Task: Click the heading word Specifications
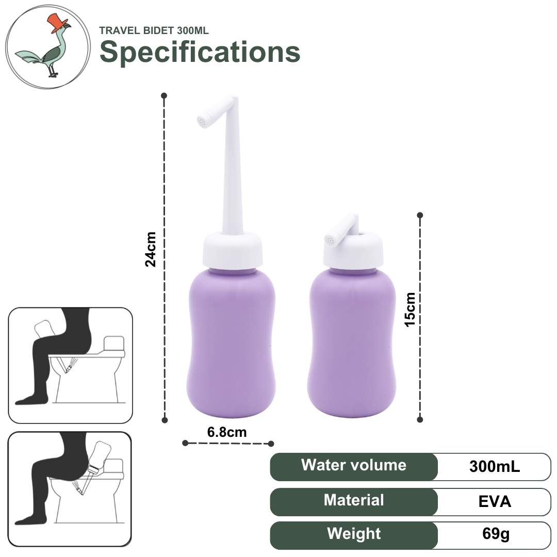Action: (x=200, y=52)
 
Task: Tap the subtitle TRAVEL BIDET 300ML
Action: (x=154, y=30)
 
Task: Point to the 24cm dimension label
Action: (x=151, y=249)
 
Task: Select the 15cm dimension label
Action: (x=410, y=309)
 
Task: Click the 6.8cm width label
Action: (x=227, y=432)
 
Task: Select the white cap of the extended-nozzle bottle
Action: (x=233, y=250)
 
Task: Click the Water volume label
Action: (x=354, y=465)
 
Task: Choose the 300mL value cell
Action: (x=495, y=466)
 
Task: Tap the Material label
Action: (x=354, y=500)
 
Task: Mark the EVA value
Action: (x=495, y=502)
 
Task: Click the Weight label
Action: (x=354, y=534)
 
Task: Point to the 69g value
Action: (x=496, y=534)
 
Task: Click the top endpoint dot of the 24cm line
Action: (x=164, y=95)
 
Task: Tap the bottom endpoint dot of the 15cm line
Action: (x=420, y=419)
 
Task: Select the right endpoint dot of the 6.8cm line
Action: (x=271, y=444)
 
